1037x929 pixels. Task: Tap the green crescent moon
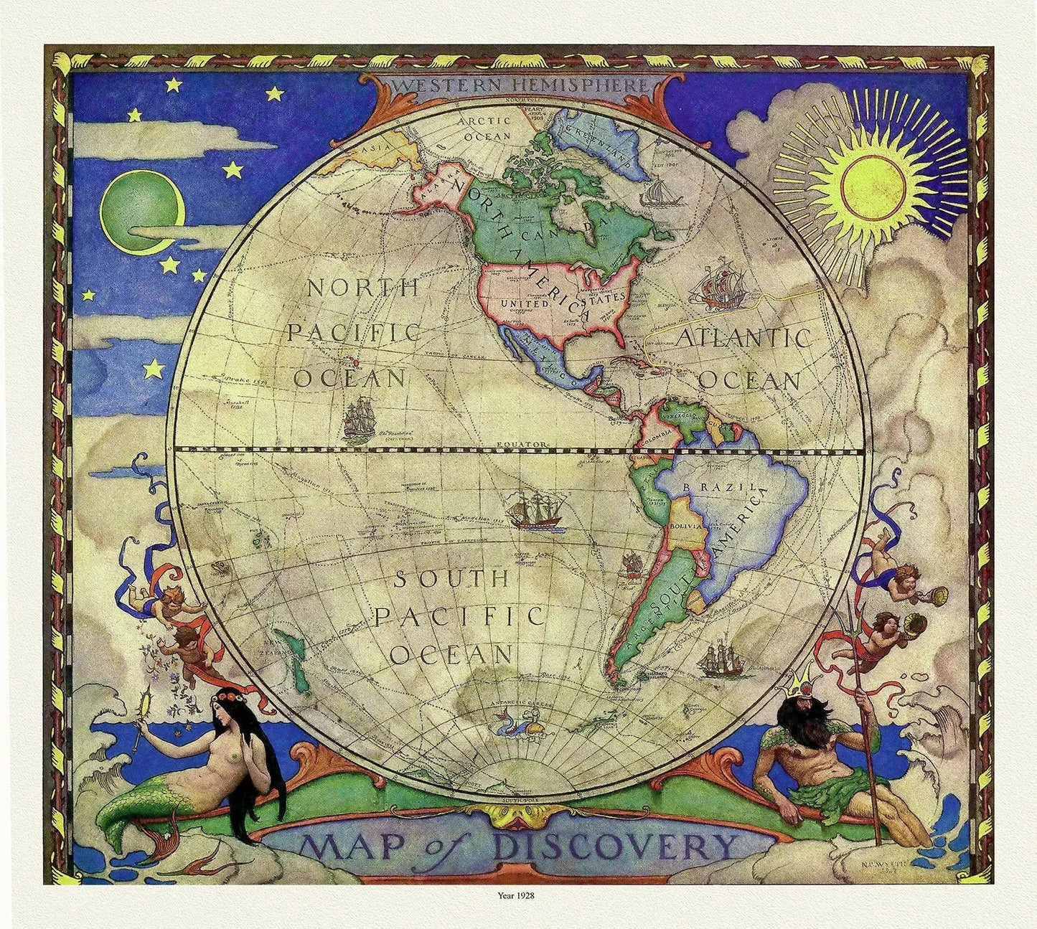(x=141, y=212)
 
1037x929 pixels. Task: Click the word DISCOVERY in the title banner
(x=617, y=847)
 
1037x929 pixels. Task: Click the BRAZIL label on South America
(x=720, y=487)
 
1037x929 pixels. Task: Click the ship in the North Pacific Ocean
(x=359, y=420)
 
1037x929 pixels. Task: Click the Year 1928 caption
(x=517, y=895)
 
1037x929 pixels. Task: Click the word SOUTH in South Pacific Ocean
(x=452, y=578)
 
